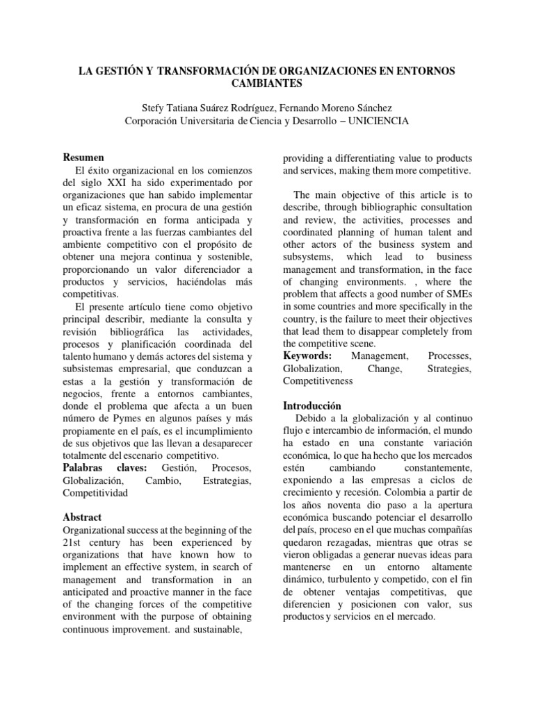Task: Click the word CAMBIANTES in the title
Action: click(x=267, y=83)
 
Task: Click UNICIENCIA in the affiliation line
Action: click(x=373, y=121)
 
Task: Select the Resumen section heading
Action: click(x=84, y=158)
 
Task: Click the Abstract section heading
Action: click(x=82, y=517)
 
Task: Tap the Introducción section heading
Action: click(x=313, y=405)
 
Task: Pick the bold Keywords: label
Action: click(x=307, y=355)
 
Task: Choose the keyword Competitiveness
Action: click(x=318, y=380)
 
